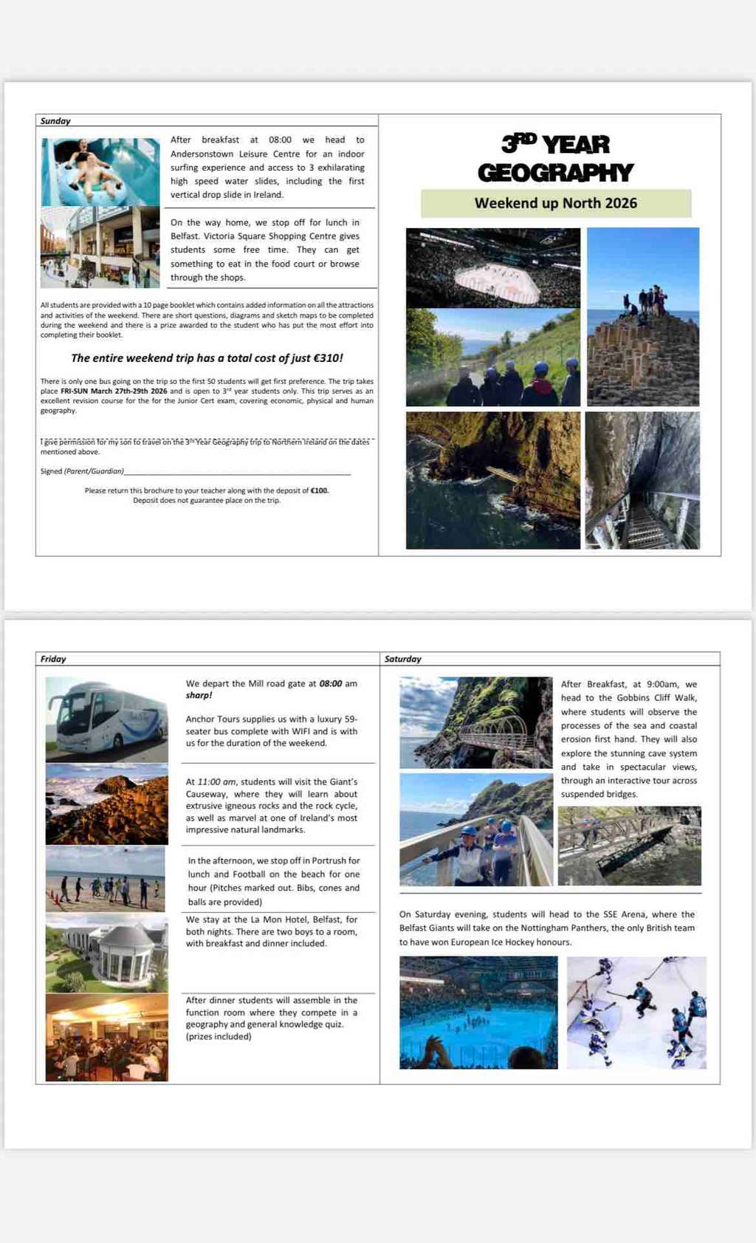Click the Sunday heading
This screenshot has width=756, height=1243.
[55, 121]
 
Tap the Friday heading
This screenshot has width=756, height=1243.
[53, 659]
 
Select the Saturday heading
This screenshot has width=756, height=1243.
[403, 659]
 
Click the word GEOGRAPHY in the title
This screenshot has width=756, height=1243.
[555, 173]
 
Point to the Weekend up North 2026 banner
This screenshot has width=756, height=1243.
[556, 203]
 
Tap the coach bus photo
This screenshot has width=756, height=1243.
[107, 719]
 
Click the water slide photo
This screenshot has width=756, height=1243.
[100, 172]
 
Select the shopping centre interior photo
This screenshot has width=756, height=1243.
[100, 247]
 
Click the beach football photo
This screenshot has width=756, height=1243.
[106, 879]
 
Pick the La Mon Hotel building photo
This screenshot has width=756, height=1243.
[107, 953]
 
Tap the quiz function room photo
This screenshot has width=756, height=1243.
[107, 1038]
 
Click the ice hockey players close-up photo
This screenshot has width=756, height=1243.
[636, 1013]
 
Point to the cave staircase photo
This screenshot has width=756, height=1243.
[642, 480]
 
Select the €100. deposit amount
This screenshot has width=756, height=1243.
[320, 490]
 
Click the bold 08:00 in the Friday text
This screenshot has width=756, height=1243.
[331, 684]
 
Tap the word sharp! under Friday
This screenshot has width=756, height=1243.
[199, 696]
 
